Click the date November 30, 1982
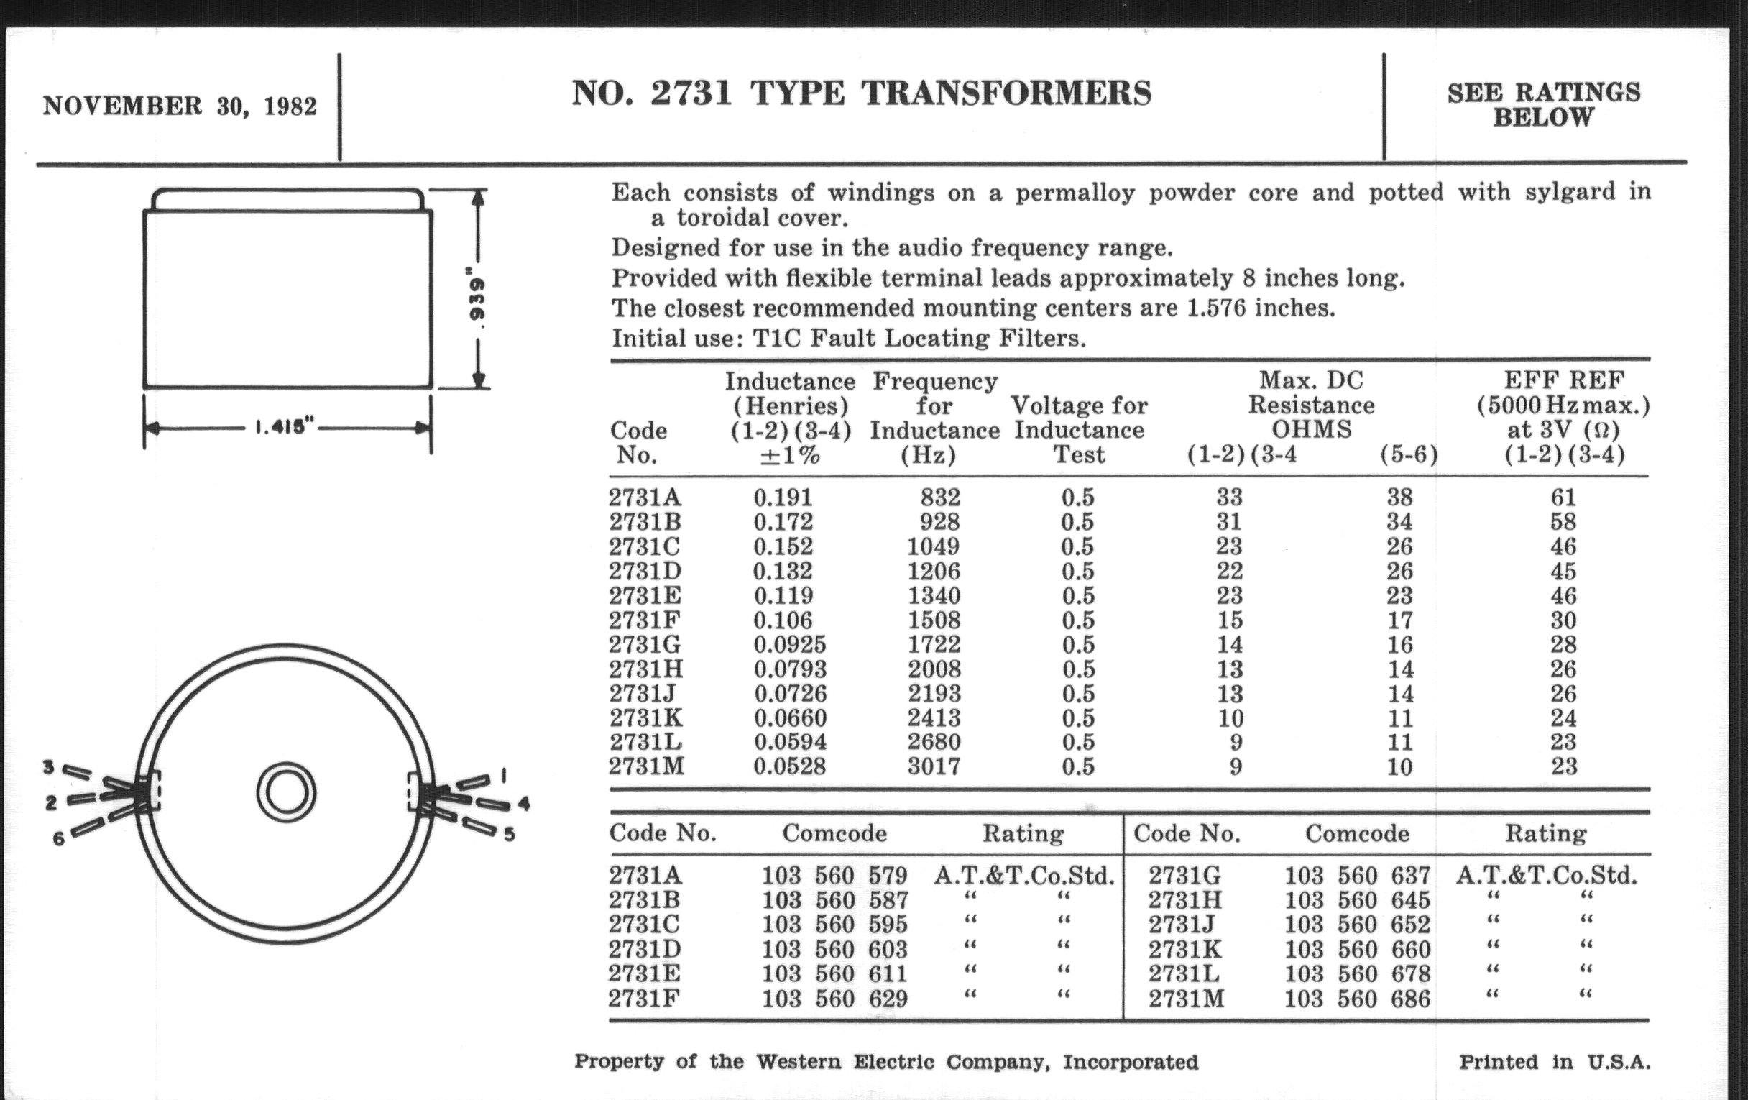pos(180,106)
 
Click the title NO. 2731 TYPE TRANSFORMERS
pos(862,93)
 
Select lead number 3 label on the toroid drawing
pos(49,766)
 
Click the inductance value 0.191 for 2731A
pos(783,498)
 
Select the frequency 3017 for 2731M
pos(934,766)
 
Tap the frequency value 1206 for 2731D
pos(934,571)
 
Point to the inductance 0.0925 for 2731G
pos(789,644)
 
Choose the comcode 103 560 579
pos(834,875)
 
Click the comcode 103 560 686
pos(1358,999)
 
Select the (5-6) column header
pos(1408,454)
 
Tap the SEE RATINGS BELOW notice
pos(1543,104)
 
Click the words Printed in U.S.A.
pos(1555,1061)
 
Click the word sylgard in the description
pos(1583,193)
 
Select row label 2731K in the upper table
pos(646,718)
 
